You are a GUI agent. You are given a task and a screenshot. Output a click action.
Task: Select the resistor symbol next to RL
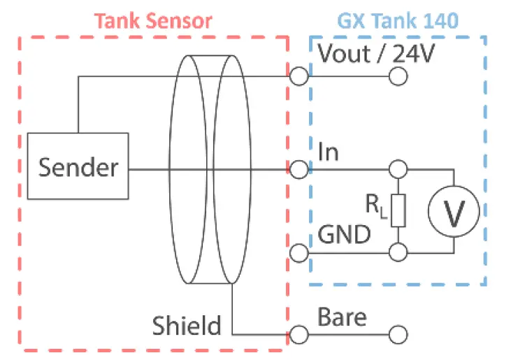click(398, 210)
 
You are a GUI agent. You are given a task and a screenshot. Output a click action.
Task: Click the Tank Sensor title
click(153, 20)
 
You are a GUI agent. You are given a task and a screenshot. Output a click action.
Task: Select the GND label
click(344, 234)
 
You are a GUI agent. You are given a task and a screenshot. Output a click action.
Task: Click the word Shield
click(187, 325)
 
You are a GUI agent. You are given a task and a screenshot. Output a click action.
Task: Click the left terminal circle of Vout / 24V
click(299, 76)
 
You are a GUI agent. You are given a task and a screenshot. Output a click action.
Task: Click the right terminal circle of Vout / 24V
click(398, 76)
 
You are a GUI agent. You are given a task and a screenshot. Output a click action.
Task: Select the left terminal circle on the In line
click(299, 169)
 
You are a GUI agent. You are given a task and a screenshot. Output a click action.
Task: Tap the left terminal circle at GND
click(299, 252)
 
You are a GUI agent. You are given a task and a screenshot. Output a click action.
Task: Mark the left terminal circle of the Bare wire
click(299, 334)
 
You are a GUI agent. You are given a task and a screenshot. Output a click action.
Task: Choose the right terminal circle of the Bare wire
click(398, 334)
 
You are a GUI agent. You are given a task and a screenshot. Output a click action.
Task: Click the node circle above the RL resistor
click(398, 169)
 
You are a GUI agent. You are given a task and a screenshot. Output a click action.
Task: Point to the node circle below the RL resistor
click(398, 252)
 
